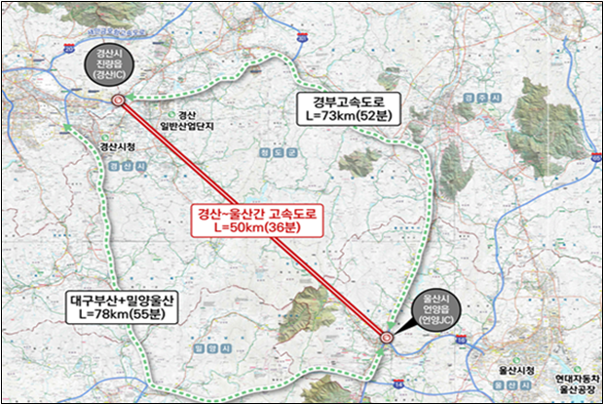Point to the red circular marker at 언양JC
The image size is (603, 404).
(x=386, y=338)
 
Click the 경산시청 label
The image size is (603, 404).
(x=118, y=146)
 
